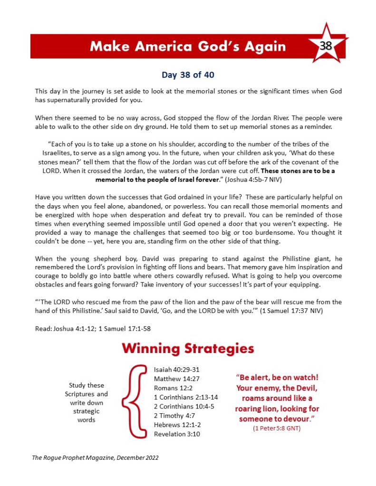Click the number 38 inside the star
[326, 46]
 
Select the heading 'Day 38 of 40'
[188, 75]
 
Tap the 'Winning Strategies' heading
[188, 349]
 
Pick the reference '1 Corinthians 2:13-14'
[186, 397]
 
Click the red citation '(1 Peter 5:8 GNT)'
[277, 429]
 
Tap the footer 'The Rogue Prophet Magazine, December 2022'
[95, 458]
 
